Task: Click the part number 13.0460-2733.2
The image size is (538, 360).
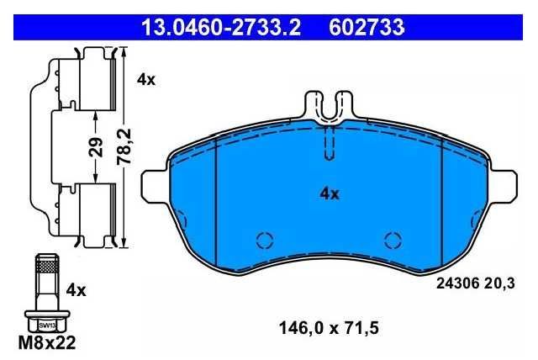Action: [x=221, y=27]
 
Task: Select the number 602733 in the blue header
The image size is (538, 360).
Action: [x=367, y=27]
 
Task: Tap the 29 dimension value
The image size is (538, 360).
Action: [x=96, y=146]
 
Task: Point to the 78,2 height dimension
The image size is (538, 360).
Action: [x=124, y=146]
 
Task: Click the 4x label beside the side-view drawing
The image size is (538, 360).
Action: [x=145, y=80]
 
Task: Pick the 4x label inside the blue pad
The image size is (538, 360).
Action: [x=330, y=194]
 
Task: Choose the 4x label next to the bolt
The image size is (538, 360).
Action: [x=76, y=290]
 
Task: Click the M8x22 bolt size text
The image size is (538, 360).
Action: [x=47, y=342]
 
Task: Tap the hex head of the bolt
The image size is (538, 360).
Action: [x=47, y=322]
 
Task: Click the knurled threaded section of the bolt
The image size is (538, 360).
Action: [x=47, y=266]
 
